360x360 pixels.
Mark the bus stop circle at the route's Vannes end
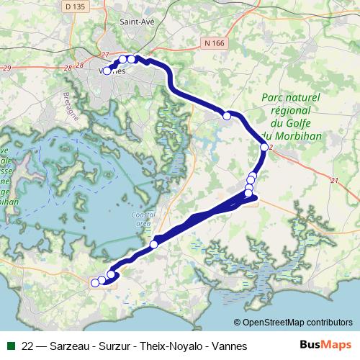(x=107, y=71)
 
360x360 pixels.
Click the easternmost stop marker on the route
(x=264, y=147)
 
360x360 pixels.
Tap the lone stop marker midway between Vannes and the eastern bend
(x=227, y=115)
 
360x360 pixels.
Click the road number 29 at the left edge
(x=7, y=68)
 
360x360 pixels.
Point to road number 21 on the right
(x=333, y=180)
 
